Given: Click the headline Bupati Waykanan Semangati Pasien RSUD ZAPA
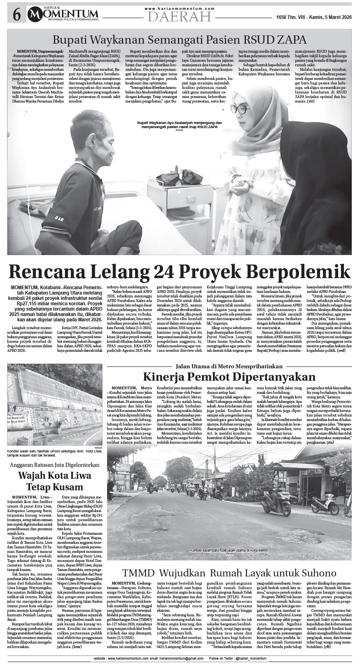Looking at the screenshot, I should [180, 40].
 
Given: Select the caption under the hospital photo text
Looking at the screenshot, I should [179, 125].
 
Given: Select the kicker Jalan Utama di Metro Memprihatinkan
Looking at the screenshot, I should [229, 366].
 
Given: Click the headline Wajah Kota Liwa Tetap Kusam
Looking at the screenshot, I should [54, 481].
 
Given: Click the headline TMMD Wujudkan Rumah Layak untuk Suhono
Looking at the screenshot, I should [229, 573].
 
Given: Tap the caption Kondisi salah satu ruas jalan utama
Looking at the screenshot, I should [229, 550].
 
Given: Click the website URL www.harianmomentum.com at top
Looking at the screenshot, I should [180, 8].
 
